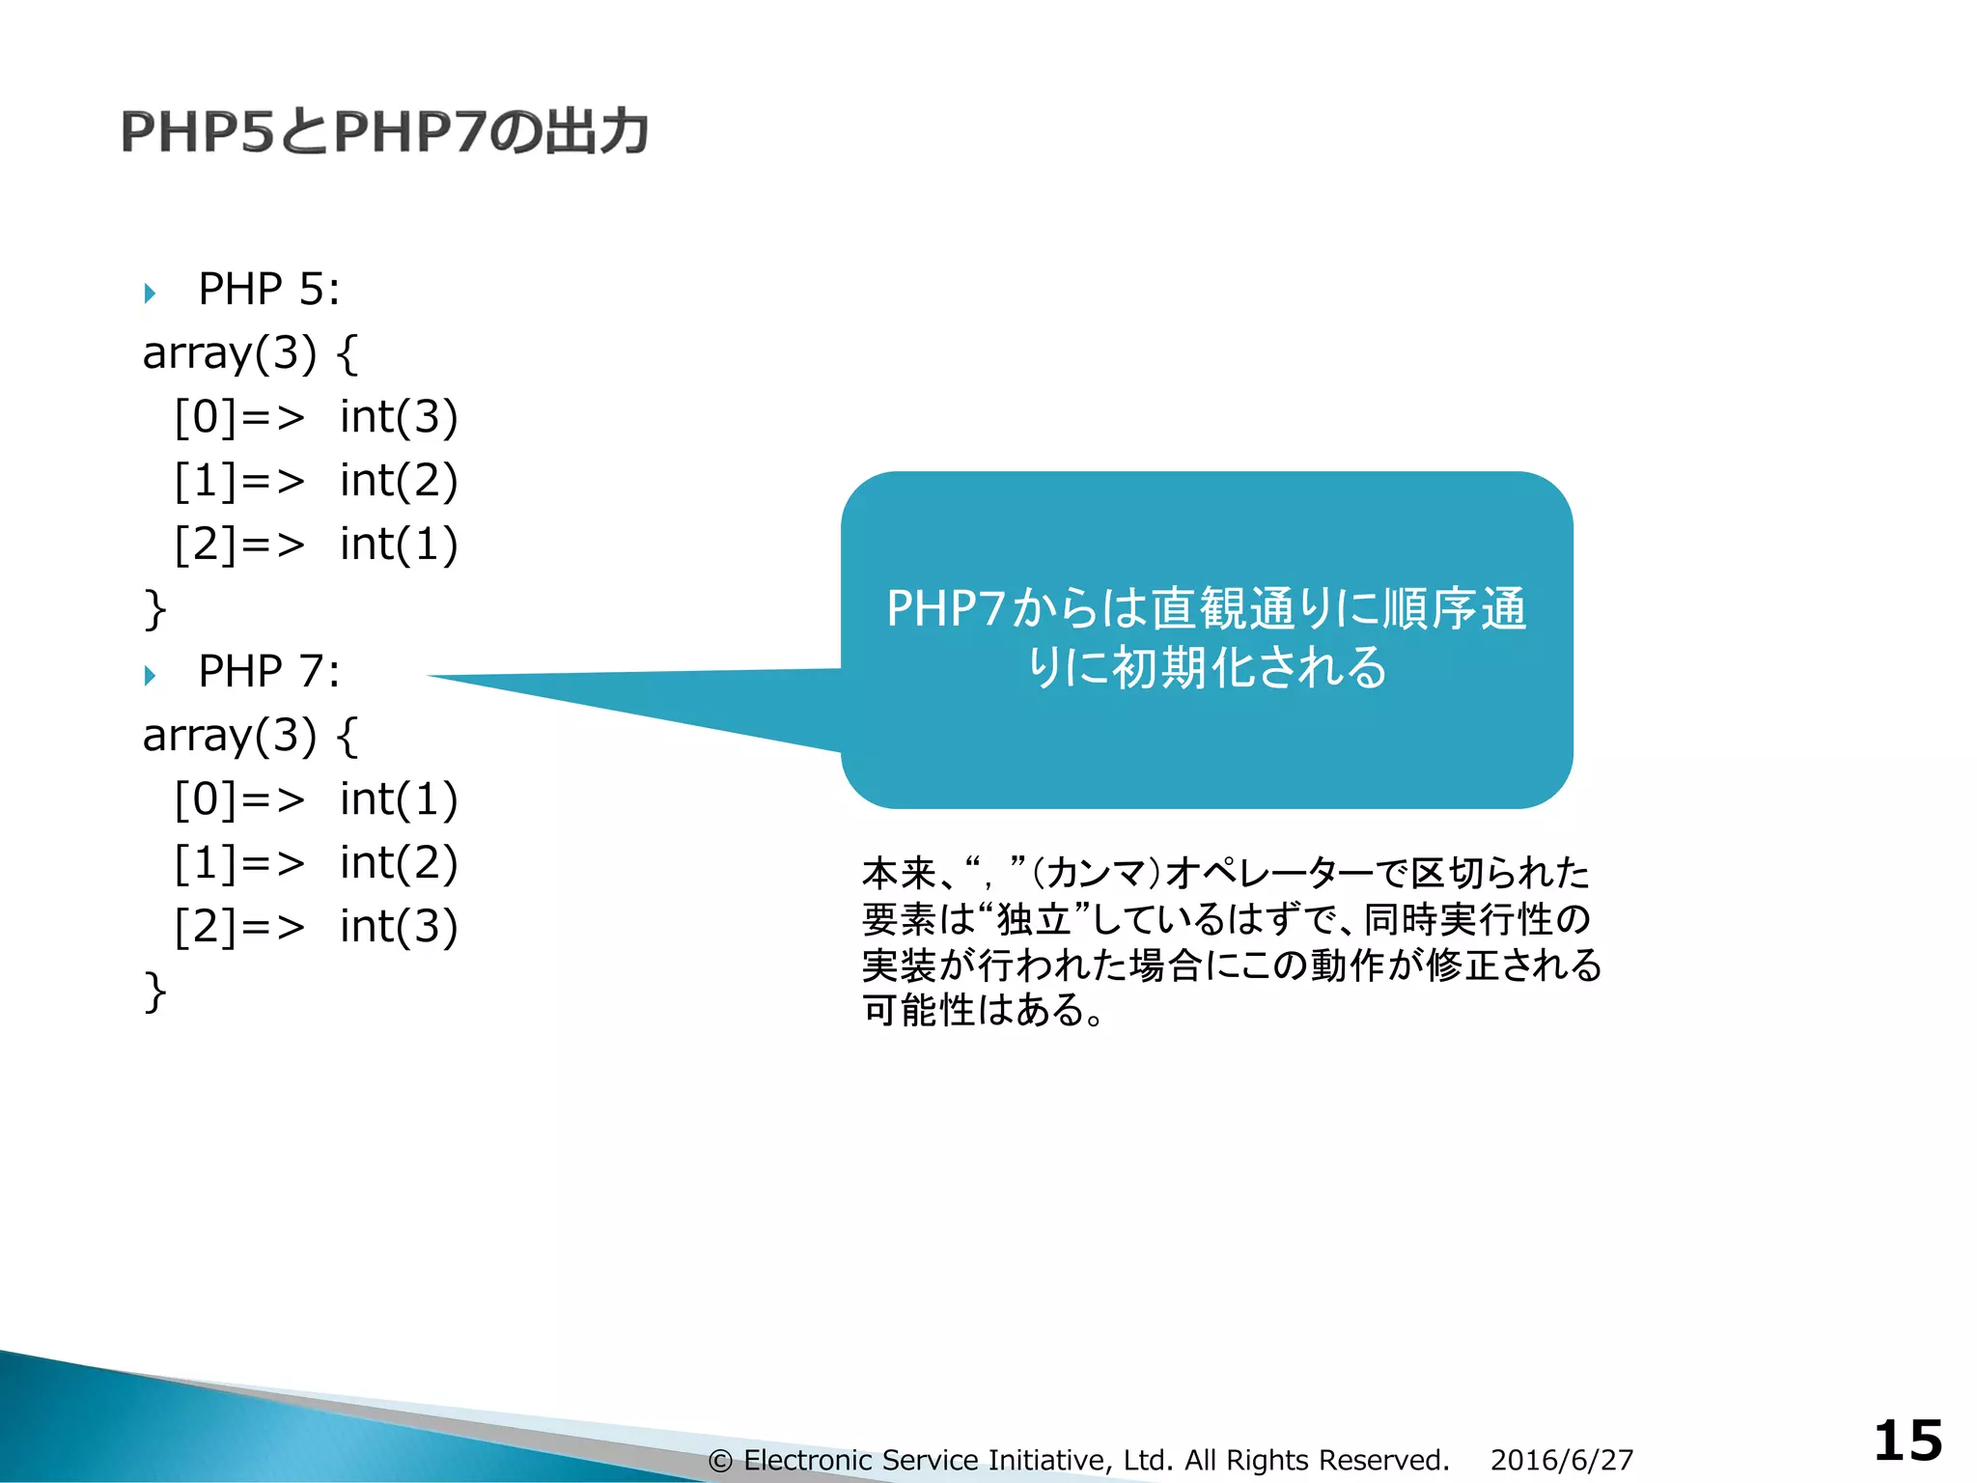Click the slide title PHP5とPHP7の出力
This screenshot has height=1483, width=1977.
[384, 132]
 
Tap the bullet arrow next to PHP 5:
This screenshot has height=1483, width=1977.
[150, 292]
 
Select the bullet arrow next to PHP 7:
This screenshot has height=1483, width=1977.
[150, 674]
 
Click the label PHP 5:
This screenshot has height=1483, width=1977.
[268, 290]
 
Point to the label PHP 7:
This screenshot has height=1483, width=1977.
[268, 672]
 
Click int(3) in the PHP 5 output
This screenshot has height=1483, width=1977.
[398, 417]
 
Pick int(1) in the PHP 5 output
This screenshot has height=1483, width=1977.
[398, 545]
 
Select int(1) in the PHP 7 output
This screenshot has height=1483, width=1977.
[398, 799]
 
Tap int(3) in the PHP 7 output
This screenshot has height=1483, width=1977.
[398, 927]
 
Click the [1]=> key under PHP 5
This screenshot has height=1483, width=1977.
[238, 481]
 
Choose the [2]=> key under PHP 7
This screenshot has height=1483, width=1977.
[238, 927]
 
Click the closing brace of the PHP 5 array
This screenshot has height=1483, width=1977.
[154, 609]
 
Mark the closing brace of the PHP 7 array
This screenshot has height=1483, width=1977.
[154, 992]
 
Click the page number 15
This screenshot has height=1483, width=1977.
[1907, 1441]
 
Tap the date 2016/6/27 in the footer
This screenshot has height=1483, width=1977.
[1561, 1460]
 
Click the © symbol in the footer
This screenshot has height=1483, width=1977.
[720, 1461]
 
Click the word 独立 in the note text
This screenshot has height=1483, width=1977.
[1034, 919]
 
